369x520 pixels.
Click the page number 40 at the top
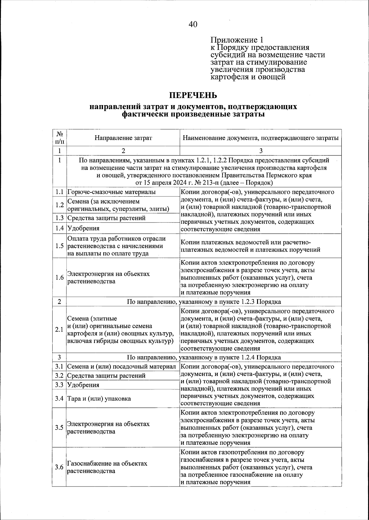coord(193,24)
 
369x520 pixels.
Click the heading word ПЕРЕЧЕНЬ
coord(193,95)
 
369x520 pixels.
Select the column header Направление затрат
coord(123,138)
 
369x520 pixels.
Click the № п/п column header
coord(59,138)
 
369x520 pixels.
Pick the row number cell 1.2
coord(59,205)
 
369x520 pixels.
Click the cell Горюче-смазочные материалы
coord(111,192)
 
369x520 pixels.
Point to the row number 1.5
coord(59,246)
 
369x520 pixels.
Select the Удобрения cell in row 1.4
coord(83,228)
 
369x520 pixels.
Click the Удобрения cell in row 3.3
coord(83,385)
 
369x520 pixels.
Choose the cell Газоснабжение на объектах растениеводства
coord(107,467)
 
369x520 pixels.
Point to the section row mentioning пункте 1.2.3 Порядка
coord(204,301)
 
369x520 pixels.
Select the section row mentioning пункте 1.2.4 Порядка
coord(204,357)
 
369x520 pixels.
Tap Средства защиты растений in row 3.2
coord(106,376)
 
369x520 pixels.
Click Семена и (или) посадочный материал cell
coord(121,367)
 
